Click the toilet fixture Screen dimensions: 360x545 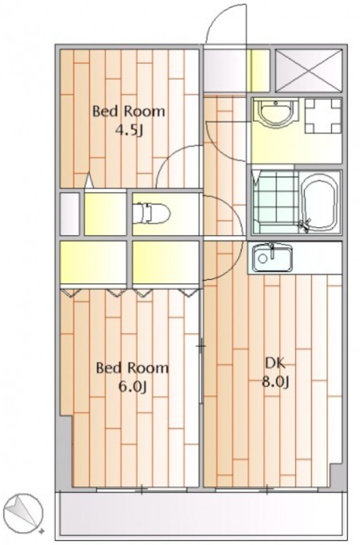tap(151, 213)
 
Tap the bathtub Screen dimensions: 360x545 tap(320, 202)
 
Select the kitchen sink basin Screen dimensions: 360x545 tap(272, 258)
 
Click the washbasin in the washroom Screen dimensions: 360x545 tap(275, 112)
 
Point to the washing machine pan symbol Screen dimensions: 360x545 tap(322, 116)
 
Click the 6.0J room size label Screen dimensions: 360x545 tap(132, 386)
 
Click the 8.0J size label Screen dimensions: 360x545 tap(275, 382)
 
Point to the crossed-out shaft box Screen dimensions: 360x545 tap(308, 71)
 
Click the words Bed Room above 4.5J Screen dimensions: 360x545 tap(128, 112)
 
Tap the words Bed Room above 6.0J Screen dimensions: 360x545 tap(132, 367)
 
